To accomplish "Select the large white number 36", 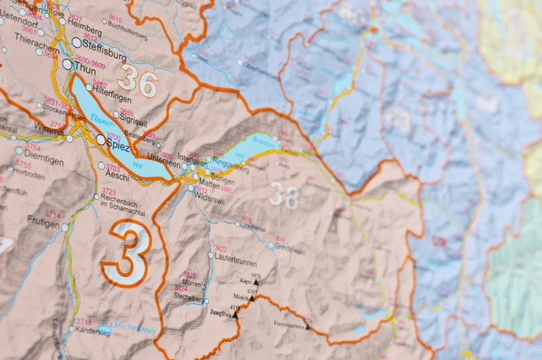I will [138, 82].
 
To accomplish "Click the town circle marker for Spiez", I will [100, 140].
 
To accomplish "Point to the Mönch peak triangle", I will [251, 298].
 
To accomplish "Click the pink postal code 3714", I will [53, 215].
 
